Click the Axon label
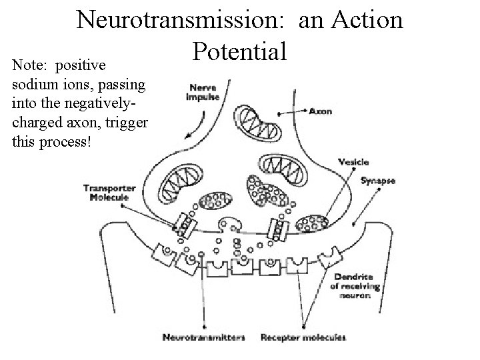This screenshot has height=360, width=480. (321, 110)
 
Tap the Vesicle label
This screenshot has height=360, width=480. (353, 162)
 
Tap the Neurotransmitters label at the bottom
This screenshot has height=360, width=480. (204, 338)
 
